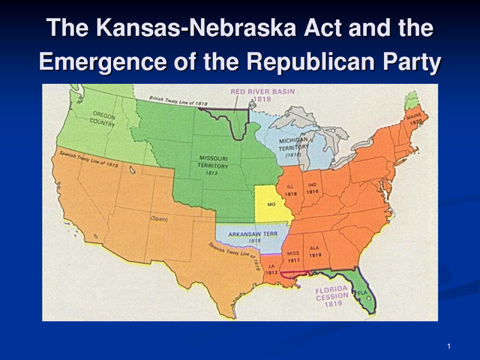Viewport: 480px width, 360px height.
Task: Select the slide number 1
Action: tap(447, 345)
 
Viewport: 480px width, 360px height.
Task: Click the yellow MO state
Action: tap(274, 204)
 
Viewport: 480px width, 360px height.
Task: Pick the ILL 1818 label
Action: tap(292, 190)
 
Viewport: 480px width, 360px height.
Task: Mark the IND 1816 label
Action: tap(313, 188)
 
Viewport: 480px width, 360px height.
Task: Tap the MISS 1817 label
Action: tap(293, 256)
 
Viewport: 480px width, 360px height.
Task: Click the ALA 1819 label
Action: tap(315, 253)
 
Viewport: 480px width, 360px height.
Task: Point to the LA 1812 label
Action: tap(271, 268)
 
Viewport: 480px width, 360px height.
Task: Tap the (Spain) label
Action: tap(159, 219)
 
